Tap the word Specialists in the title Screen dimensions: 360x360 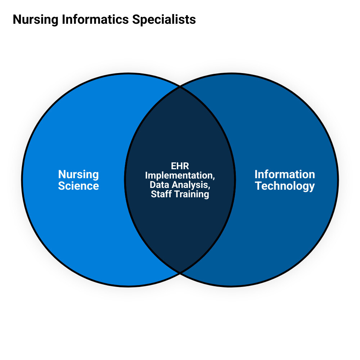tap(164, 19)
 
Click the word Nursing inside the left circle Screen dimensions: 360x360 tap(78, 175)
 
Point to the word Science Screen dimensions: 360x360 tap(78, 186)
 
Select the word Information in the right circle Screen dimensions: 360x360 tap(285, 175)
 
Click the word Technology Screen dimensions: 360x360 tap(285, 186)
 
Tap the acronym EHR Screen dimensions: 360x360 tap(180, 166)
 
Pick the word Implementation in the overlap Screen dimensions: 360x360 tap(179, 176)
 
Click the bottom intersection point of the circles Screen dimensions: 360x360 tap(180, 273)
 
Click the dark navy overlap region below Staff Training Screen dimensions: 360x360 tap(180, 230)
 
